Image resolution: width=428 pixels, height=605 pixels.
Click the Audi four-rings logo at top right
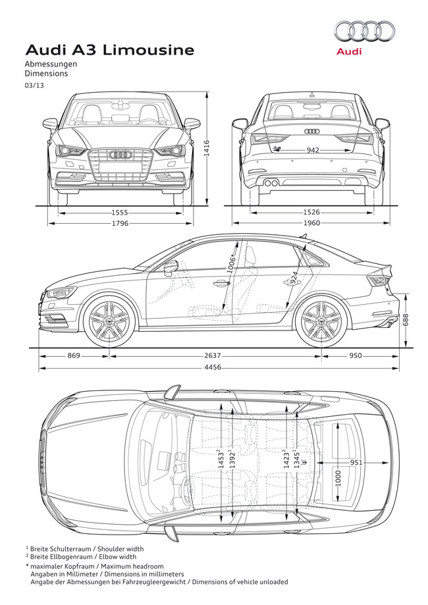tap(364, 32)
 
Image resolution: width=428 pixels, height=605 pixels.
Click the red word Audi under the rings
tap(348, 51)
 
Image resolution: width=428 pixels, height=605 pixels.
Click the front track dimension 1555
tap(119, 213)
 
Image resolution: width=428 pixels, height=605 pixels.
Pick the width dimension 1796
tap(119, 224)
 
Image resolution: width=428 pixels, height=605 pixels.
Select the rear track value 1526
tap(311, 213)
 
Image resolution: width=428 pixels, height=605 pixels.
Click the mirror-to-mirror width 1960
tap(311, 224)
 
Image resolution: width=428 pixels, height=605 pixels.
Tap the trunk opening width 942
tap(313, 151)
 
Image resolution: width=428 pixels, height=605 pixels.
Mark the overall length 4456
tap(211, 367)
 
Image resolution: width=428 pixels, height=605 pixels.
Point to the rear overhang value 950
tap(356, 356)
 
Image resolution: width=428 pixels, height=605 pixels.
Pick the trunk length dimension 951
tap(356, 463)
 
